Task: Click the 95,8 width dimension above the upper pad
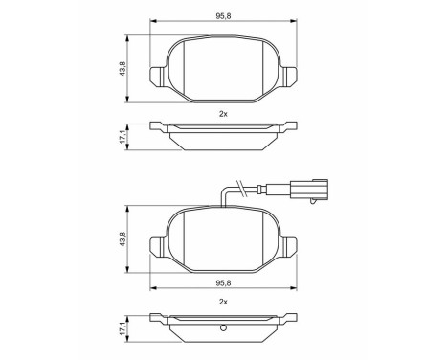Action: pos(222,16)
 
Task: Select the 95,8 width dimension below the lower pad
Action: pos(222,283)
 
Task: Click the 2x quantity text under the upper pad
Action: pos(222,114)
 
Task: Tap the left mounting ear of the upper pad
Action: pos(160,74)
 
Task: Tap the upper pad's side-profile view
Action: pos(222,134)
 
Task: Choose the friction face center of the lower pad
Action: pos(222,241)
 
